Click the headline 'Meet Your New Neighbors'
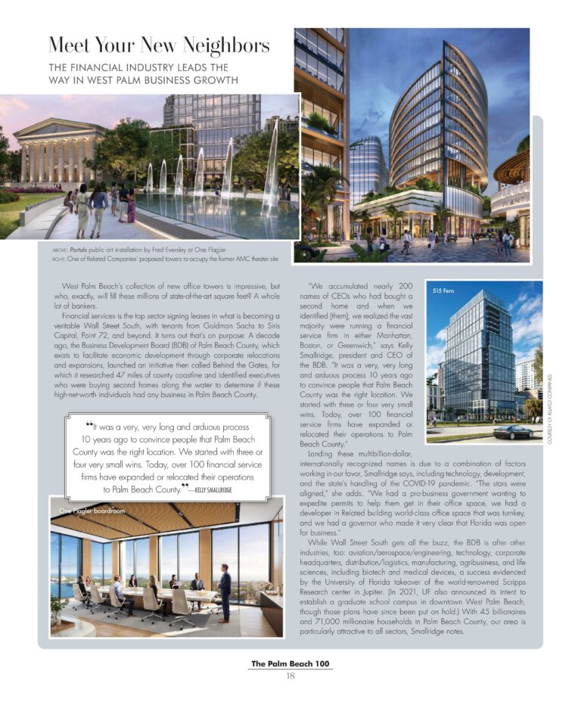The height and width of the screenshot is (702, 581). point(158,47)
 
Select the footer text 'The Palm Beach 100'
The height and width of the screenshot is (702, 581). point(290,663)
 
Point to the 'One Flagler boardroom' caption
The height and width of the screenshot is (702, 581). point(92,511)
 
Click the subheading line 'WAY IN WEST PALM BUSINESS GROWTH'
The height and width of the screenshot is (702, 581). point(143,80)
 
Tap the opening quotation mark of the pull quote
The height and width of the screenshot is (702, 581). point(89,426)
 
